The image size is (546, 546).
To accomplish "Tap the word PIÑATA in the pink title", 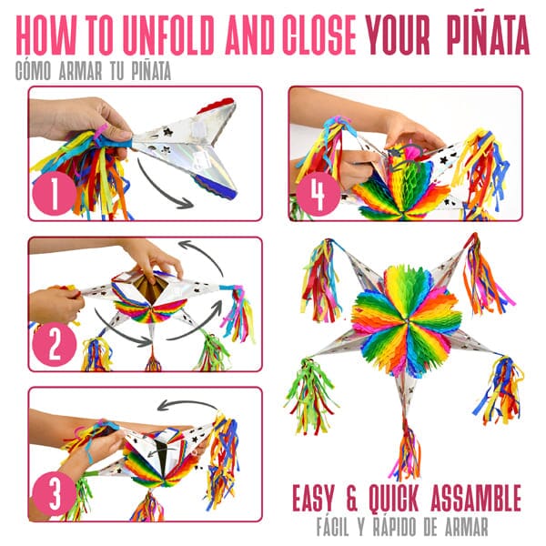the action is pyautogui.click(x=488, y=35).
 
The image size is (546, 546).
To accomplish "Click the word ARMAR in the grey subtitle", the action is pyautogui.click(x=81, y=71).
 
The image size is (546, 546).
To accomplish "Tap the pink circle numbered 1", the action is pyautogui.click(x=54, y=193).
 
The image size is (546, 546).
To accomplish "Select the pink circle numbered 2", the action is pyautogui.click(x=54, y=344).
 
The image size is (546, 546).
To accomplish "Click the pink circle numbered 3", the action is pyautogui.click(x=54, y=493).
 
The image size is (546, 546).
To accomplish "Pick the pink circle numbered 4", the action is pyautogui.click(x=318, y=194).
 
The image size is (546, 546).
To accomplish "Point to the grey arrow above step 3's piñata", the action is pyautogui.click(x=187, y=403).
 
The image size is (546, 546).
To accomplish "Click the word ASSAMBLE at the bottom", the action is pyautogui.click(x=476, y=498).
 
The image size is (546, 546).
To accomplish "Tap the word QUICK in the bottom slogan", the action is pyautogui.click(x=393, y=499).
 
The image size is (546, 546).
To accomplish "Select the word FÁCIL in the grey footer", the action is pyautogui.click(x=333, y=527).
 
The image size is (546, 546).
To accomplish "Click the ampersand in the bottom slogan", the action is pyautogui.click(x=351, y=499).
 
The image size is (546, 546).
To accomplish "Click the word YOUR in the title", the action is pyautogui.click(x=398, y=35).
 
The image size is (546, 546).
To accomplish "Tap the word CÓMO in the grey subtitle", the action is pyautogui.click(x=33, y=71).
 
